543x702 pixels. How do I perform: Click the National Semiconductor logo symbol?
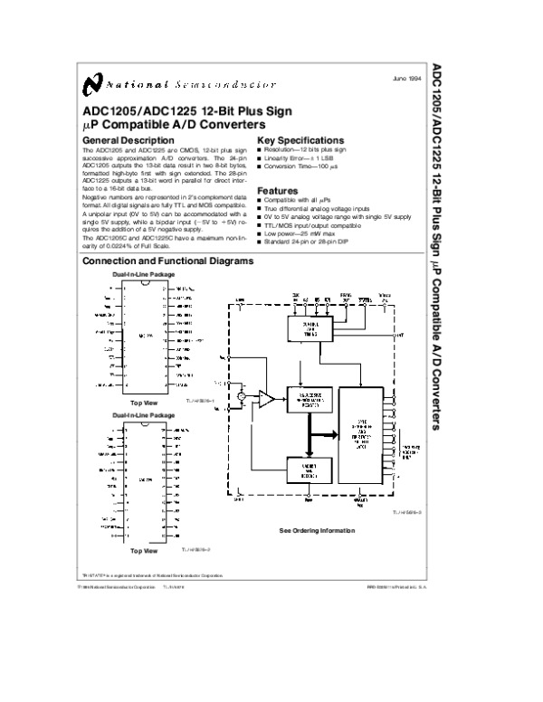tap(91, 84)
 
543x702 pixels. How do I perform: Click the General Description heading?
tap(128, 140)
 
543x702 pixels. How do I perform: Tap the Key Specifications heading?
tap(300, 140)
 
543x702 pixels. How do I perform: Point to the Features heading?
tap(278, 191)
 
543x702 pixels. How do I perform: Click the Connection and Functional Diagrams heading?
tap(168, 261)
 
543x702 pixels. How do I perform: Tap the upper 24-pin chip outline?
tap(144, 334)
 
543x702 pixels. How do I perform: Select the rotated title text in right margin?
tap(437, 244)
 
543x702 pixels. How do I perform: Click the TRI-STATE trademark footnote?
tap(152, 574)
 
